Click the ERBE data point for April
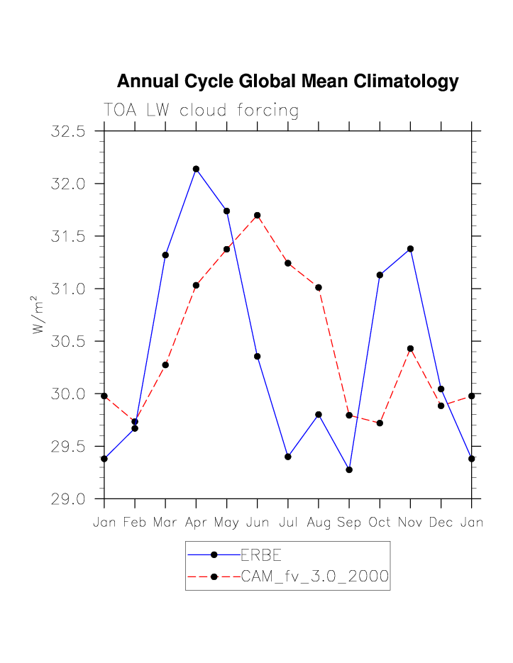(x=196, y=169)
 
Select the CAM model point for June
(x=258, y=215)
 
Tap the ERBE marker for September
(x=349, y=469)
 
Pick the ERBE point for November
(x=410, y=249)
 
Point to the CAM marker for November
(x=410, y=348)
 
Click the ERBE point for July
(x=288, y=457)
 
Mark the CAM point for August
(x=319, y=287)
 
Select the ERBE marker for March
(x=165, y=255)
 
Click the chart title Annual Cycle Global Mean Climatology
(x=287, y=82)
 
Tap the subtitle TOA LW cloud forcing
(x=201, y=111)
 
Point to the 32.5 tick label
(x=68, y=131)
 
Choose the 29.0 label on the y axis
(x=68, y=498)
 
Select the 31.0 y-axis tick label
(x=68, y=289)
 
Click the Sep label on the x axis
(x=349, y=523)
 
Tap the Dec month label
(x=441, y=523)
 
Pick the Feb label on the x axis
(x=135, y=523)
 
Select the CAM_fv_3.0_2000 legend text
(x=314, y=577)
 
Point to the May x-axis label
(x=226, y=523)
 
